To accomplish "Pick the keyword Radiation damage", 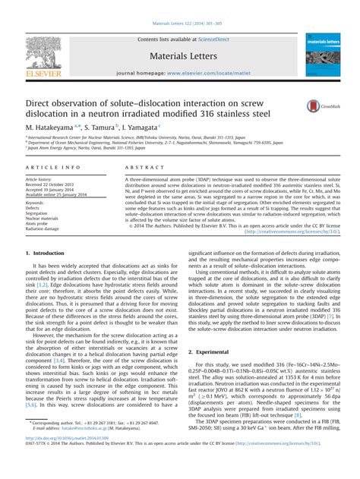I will point(46,230).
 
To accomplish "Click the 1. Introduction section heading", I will point(46,252).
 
